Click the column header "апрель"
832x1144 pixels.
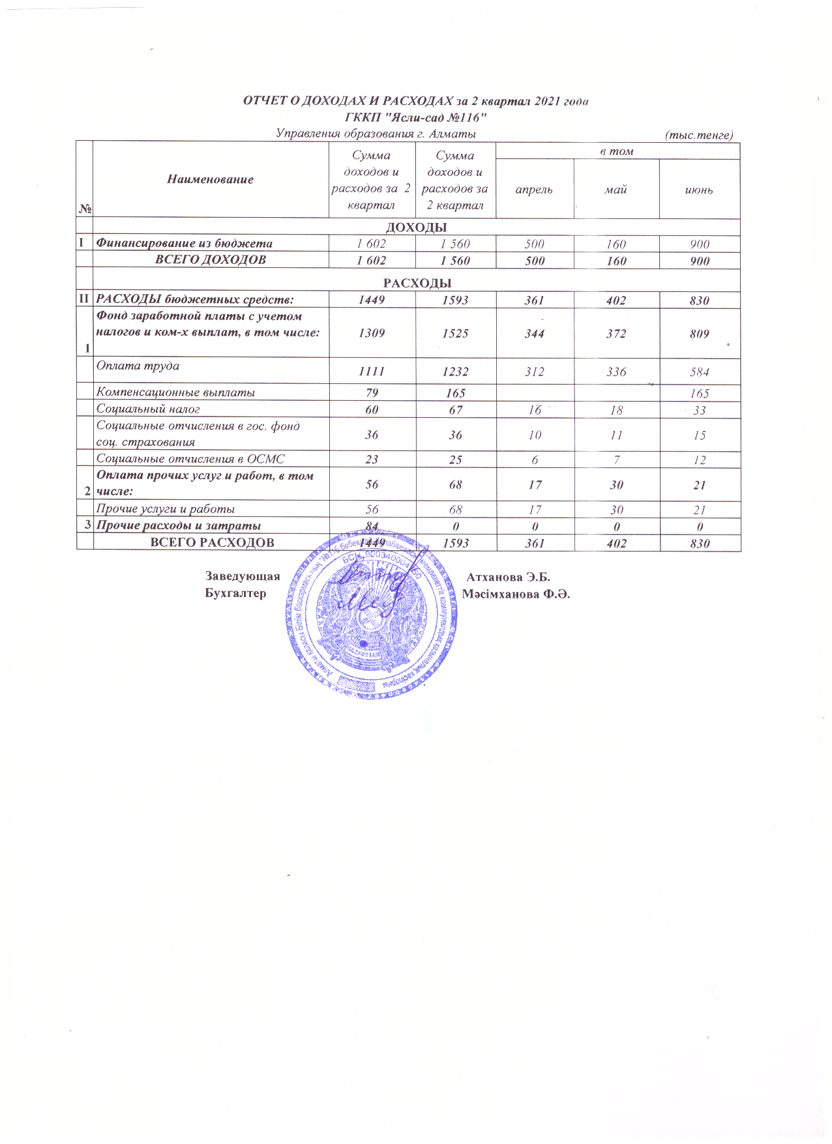click(x=534, y=190)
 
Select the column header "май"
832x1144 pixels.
click(x=616, y=190)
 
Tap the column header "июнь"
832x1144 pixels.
click(x=698, y=190)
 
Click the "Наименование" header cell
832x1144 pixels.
click(x=211, y=179)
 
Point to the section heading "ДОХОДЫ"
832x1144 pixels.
click(x=417, y=227)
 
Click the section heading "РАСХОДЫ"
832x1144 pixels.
click(x=417, y=283)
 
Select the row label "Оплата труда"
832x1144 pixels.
click(x=138, y=366)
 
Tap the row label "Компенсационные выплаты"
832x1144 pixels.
click(x=175, y=392)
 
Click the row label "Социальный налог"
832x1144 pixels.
click(x=148, y=409)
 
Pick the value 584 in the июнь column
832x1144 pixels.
click(x=699, y=372)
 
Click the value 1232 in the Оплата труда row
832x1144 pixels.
click(x=455, y=372)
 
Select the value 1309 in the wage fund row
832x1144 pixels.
click(x=372, y=333)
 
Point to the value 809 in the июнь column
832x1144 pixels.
click(x=699, y=334)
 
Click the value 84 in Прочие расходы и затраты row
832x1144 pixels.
click(x=372, y=525)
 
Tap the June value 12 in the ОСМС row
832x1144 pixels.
click(x=699, y=460)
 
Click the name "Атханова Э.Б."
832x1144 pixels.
click(x=509, y=577)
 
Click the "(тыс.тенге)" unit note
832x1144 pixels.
click(x=698, y=135)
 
